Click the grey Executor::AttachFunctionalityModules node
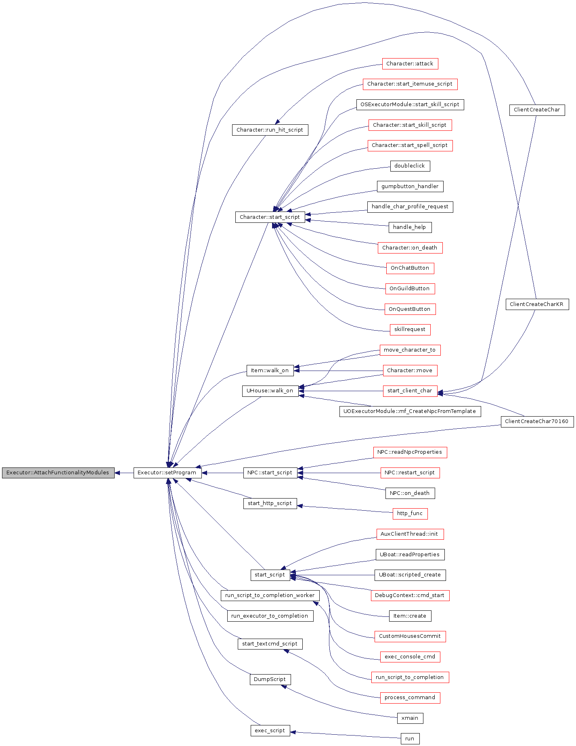[58, 473]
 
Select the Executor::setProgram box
[167, 473]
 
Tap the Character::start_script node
[270, 217]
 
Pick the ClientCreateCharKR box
[537, 304]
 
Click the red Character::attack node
[410, 64]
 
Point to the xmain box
[410, 718]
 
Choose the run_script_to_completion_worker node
[270, 595]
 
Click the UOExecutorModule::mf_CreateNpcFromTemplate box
[410, 411]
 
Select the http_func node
[410, 513]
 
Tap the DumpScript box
[270, 679]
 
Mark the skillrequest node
[410, 329]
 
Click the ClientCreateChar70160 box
[537, 421]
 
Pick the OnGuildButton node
[410, 289]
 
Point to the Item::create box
[410, 616]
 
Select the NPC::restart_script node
[410, 473]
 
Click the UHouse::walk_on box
[270, 391]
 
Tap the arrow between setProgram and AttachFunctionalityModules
[124, 473]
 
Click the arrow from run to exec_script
[346, 735]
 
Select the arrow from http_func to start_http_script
[345, 509]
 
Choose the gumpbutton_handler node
[410, 186]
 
